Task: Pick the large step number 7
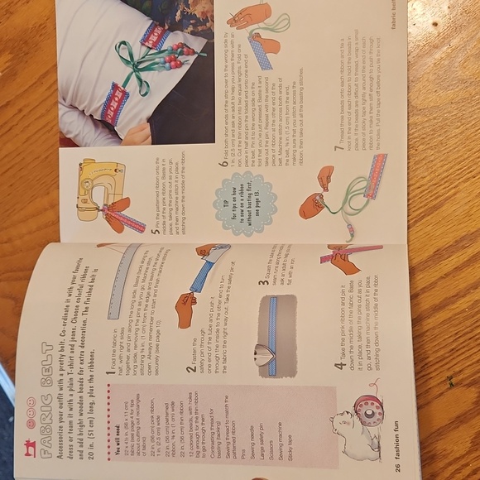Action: coord(338,149)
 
